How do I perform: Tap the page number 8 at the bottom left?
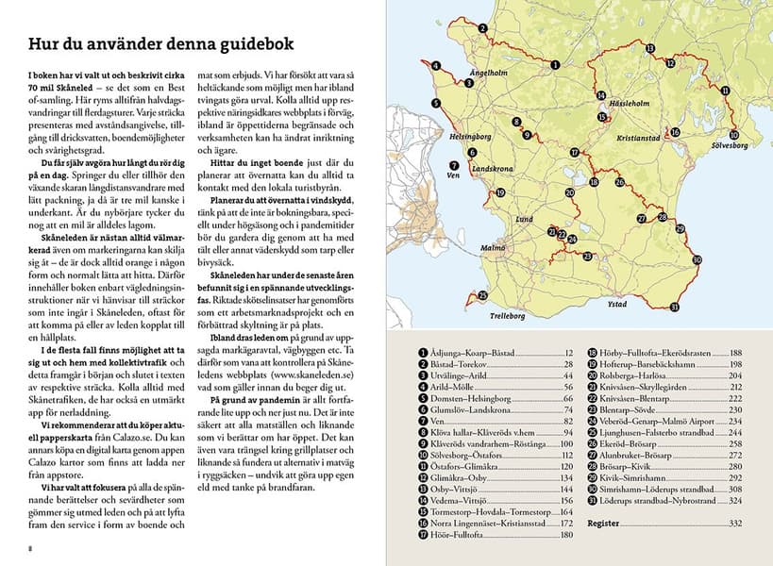[30, 546]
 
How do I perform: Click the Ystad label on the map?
[615, 304]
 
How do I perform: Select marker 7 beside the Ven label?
[456, 164]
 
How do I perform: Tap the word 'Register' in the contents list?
[604, 522]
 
